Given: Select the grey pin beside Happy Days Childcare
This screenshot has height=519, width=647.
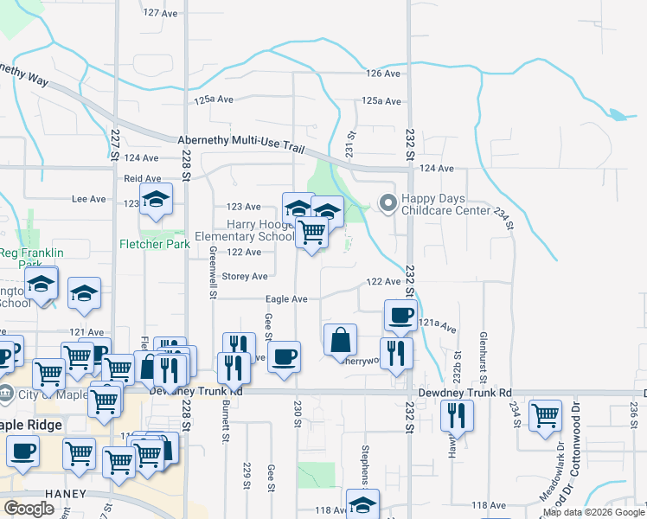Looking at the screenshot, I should pyautogui.click(x=388, y=204).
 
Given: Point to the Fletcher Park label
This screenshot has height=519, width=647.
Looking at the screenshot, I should pyautogui.click(x=154, y=244).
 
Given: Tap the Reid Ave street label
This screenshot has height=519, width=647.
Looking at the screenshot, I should pyautogui.click(x=143, y=178).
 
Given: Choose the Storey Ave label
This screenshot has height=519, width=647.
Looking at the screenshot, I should pyautogui.click(x=245, y=277).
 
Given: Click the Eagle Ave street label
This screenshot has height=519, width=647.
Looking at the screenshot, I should pyautogui.click(x=286, y=299).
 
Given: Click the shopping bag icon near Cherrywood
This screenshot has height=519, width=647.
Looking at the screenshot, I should pyautogui.click(x=341, y=340).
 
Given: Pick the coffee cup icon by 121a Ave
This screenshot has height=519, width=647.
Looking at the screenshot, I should pyautogui.click(x=400, y=316).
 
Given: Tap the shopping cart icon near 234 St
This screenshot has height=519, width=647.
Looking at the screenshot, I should pyautogui.click(x=545, y=415).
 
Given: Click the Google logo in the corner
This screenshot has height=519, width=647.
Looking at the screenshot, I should pyautogui.click(x=30, y=509).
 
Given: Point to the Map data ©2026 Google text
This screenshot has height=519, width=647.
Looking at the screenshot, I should pyautogui.click(x=593, y=513).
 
